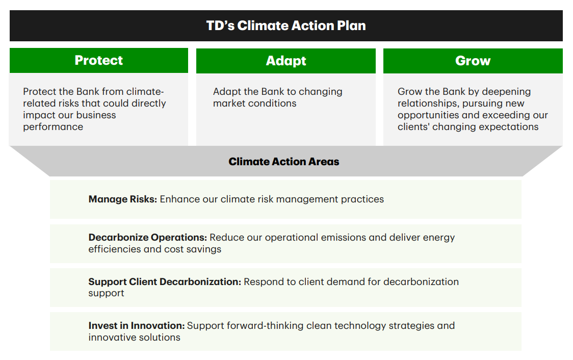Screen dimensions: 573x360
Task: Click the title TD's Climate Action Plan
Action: (286, 25)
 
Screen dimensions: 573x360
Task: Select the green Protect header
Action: (99, 60)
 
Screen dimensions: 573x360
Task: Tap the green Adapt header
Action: (286, 61)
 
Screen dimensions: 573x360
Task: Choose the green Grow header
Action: (473, 61)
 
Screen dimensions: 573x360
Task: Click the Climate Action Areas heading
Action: (284, 162)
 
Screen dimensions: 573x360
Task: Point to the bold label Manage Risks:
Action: (123, 199)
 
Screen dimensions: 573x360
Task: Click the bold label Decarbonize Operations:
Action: (148, 238)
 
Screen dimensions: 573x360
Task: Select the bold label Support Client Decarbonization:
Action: (165, 282)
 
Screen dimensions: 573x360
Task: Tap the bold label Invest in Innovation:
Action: (137, 326)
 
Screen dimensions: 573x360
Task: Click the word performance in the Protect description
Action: (53, 127)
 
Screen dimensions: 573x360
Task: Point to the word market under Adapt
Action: (229, 104)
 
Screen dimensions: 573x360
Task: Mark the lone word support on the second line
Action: (107, 294)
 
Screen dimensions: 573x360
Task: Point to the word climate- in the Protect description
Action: (145, 92)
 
